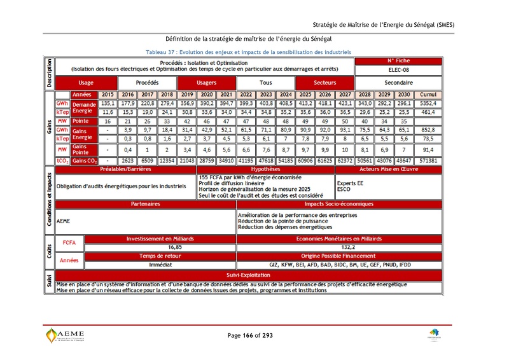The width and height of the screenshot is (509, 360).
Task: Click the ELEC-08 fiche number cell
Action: tap(398, 69)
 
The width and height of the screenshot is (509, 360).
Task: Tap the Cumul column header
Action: tap(428, 94)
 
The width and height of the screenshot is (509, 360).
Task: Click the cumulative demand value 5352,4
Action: tap(428, 103)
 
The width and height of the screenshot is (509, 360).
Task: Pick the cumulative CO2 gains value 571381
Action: tap(428, 162)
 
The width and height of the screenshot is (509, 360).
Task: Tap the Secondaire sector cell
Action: tap(398, 83)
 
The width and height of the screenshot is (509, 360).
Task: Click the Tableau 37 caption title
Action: tap(249, 52)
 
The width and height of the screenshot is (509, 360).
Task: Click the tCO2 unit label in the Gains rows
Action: tap(62, 162)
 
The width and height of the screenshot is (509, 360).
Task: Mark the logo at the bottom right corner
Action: tap(434, 335)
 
